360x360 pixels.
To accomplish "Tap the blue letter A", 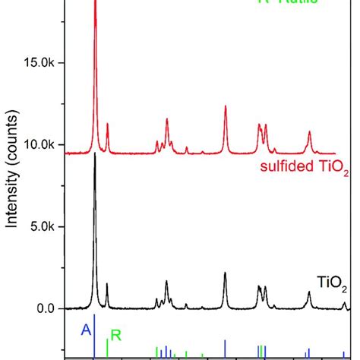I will [86, 329].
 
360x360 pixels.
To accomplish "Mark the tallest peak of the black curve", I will [95, 156].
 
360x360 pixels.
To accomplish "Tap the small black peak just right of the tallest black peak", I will [107, 285].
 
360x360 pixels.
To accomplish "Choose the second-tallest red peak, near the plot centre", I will [226, 107].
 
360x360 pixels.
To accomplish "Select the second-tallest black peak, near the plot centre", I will [226, 273].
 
